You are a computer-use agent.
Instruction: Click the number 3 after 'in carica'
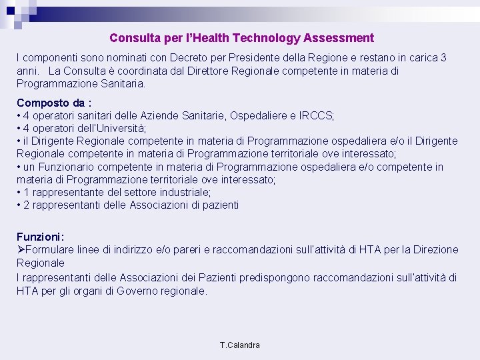pos(444,58)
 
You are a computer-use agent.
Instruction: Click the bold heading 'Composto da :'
pos(54,103)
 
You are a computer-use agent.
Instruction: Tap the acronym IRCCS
pos(317,116)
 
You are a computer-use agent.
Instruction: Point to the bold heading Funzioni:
pos(41,237)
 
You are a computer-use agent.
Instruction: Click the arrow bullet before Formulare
pos(21,250)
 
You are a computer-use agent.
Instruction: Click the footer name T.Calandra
pos(240,345)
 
